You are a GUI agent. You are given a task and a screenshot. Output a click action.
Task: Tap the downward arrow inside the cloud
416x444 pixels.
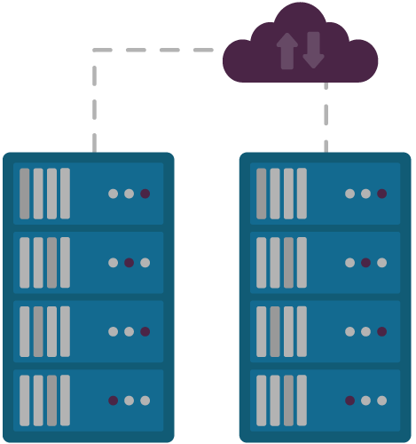[x=312, y=50]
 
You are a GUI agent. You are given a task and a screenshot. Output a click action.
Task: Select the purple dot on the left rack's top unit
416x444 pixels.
[x=145, y=193]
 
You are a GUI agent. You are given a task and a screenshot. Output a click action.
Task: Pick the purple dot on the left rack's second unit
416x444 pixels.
[x=129, y=262]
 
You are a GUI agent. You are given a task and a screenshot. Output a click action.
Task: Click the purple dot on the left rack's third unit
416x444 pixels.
[x=145, y=331]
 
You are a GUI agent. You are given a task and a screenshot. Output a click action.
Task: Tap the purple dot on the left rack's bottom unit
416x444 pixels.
[x=113, y=400]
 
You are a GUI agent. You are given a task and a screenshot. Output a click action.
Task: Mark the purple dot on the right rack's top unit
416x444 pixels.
[x=382, y=193]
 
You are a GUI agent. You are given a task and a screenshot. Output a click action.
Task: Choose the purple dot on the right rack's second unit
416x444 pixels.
[x=365, y=262]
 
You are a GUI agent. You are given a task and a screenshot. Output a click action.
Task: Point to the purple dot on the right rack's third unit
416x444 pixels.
[x=382, y=331]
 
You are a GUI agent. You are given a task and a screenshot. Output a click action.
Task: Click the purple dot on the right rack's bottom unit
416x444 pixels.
[x=349, y=400]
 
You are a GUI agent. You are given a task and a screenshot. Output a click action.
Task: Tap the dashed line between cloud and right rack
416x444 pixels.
[x=326, y=115]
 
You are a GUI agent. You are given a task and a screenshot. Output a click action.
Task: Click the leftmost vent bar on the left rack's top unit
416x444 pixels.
[x=25, y=193]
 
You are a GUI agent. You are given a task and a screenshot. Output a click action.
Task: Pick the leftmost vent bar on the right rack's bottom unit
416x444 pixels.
[x=262, y=400]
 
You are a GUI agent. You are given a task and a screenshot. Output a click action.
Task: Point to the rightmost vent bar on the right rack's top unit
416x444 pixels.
[x=302, y=193]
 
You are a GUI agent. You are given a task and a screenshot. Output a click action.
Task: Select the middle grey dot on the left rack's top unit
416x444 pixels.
[x=129, y=193]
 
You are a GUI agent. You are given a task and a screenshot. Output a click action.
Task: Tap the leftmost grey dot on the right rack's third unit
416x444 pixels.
[x=349, y=331]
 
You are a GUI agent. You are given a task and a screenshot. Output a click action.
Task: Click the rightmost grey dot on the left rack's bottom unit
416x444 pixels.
[x=145, y=400]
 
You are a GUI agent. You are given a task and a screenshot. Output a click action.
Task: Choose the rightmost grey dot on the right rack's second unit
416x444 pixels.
[x=382, y=262]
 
